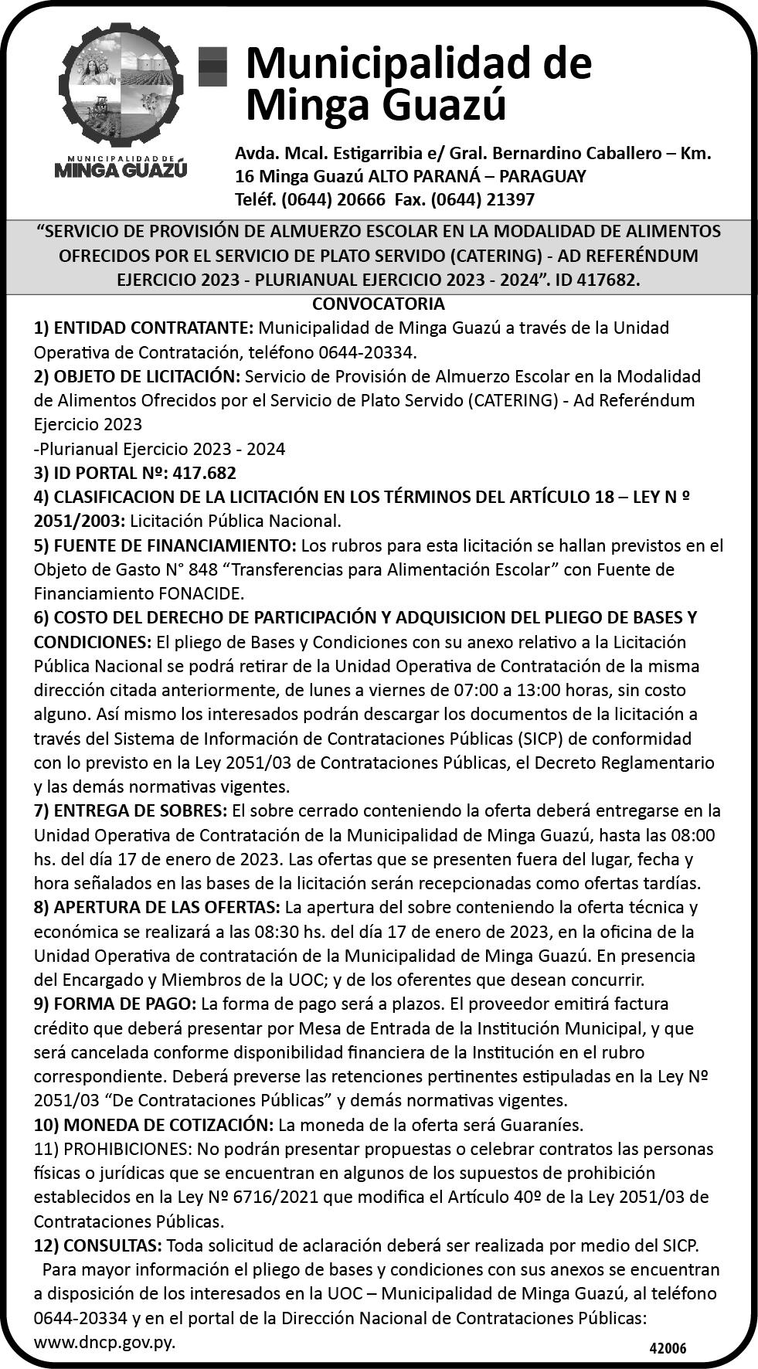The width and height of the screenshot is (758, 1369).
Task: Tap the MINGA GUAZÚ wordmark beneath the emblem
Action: coord(121,168)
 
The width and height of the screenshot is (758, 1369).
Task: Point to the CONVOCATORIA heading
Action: coord(379,304)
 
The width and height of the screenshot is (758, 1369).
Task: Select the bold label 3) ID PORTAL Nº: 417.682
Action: coord(135,473)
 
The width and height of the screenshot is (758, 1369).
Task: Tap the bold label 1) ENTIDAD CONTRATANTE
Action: coord(144,328)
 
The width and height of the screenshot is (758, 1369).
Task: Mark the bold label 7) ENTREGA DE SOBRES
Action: coord(131,810)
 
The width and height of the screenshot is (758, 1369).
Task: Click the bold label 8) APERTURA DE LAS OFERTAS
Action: coord(157,906)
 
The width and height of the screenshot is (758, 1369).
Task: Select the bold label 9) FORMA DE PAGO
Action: coord(115,1004)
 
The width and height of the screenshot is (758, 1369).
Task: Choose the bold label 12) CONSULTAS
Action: coord(97,1245)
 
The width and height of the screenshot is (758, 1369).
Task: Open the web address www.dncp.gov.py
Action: coord(104,1342)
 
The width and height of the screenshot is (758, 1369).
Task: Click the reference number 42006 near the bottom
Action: coord(667,1348)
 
